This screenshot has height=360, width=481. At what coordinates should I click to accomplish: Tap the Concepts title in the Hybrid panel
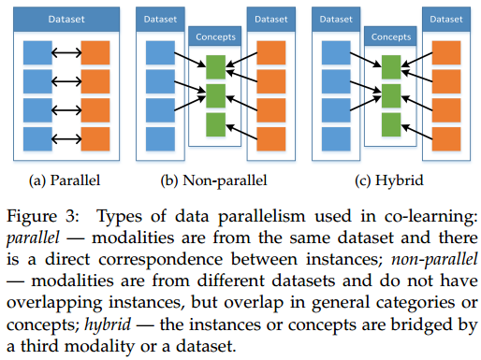392,38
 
